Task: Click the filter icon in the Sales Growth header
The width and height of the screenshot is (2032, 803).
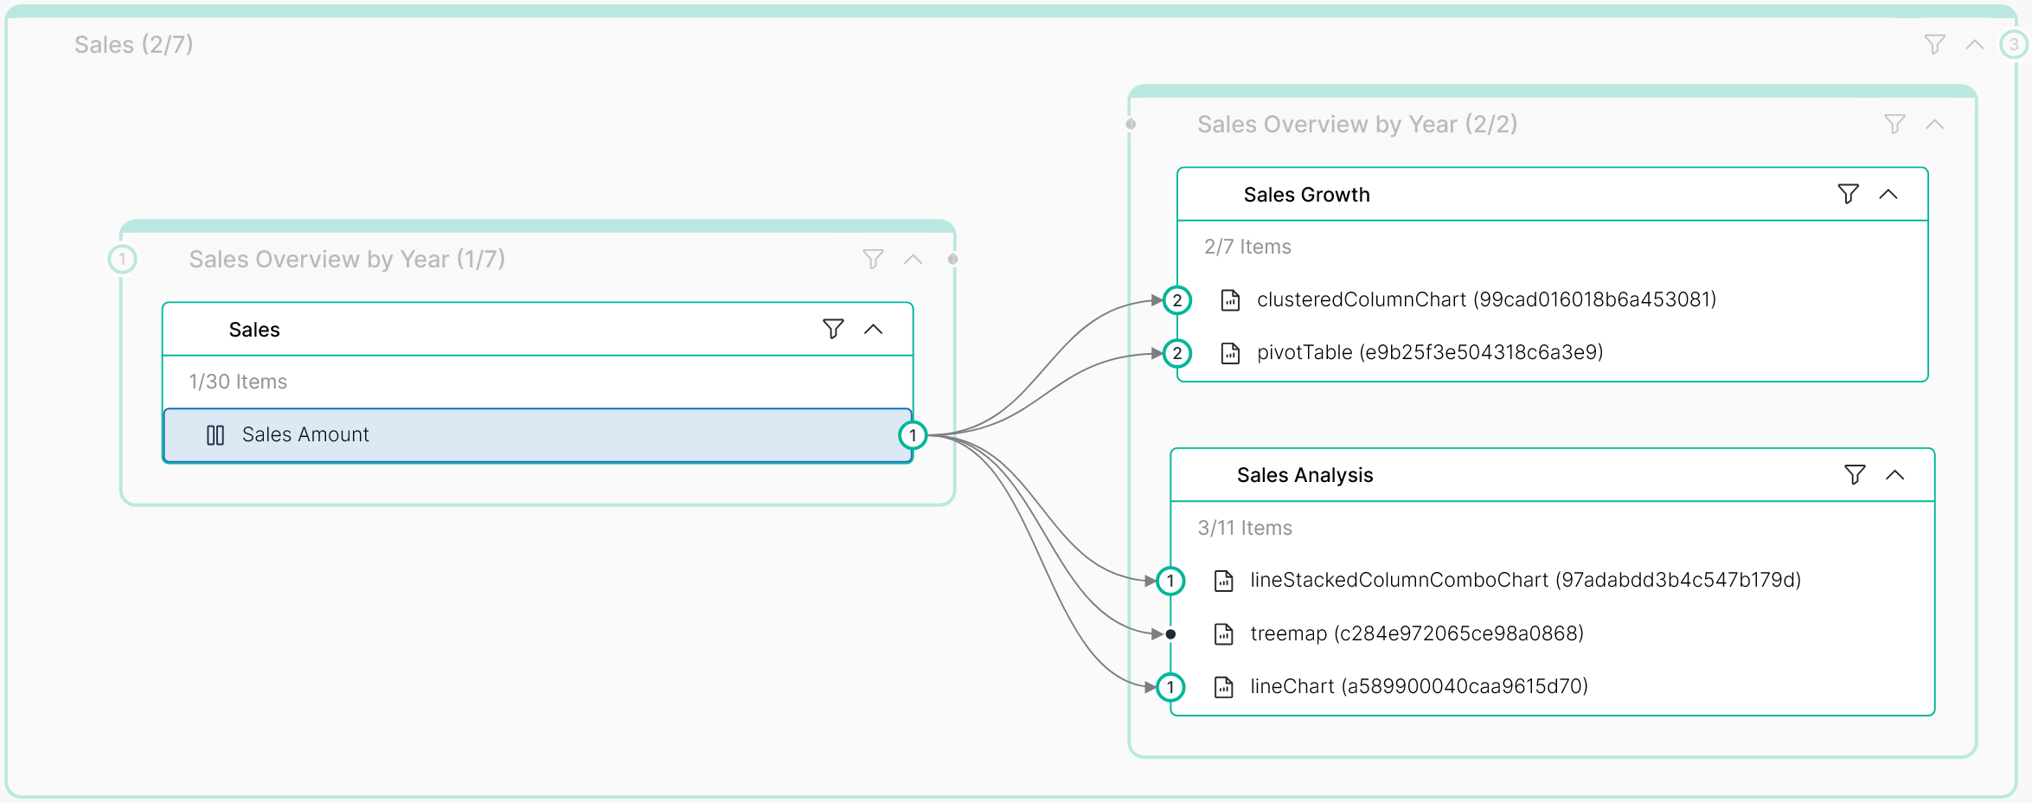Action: click(x=1848, y=194)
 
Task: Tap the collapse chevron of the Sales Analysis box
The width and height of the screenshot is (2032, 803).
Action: click(x=1894, y=474)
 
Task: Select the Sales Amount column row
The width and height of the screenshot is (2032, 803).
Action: click(x=536, y=434)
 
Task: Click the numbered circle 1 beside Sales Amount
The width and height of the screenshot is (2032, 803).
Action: click(x=913, y=435)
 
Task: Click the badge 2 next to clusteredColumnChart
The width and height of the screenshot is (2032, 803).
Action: click(x=1176, y=300)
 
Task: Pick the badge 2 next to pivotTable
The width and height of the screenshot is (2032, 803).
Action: click(x=1176, y=353)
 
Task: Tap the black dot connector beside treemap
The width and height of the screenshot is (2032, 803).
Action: click(x=1170, y=634)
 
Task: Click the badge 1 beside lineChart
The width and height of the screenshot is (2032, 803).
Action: click(x=1170, y=687)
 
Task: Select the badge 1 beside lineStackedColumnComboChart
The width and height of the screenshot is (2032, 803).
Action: click(x=1170, y=581)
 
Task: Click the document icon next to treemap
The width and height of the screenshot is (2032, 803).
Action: click(x=1223, y=634)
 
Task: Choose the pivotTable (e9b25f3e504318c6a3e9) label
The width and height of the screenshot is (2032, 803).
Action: click(x=1429, y=352)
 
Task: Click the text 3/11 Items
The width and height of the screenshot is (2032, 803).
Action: click(x=1244, y=528)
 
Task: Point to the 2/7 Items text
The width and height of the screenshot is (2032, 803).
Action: click(x=1247, y=247)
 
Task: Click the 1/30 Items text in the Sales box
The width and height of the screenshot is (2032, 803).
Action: click(x=238, y=382)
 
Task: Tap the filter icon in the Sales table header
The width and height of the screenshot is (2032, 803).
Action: click(x=832, y=329)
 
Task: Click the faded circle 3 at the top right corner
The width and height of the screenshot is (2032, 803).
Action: click(x=2014, y=44)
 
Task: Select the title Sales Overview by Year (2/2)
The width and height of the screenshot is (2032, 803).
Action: click(x=1356, y=125)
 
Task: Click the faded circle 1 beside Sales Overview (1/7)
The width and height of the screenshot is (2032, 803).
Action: click(x=122, y=259)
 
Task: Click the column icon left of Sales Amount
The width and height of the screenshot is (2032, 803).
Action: click(x=215, y=435)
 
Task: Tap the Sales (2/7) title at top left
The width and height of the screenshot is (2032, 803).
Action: click(x=133, y=44)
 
